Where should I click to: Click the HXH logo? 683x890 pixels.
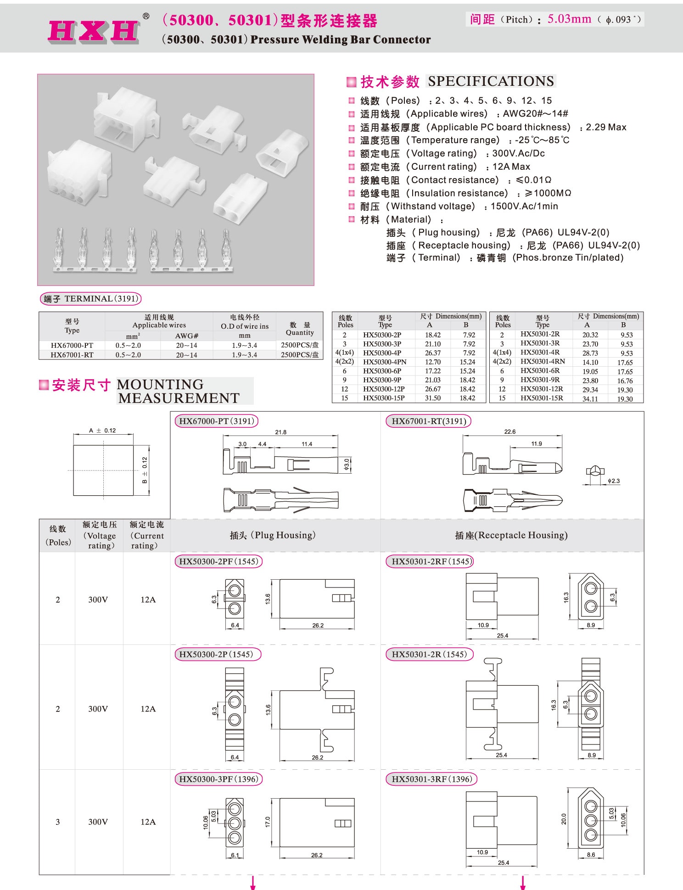coord(94,31)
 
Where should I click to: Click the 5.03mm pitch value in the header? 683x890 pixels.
coord(569,19)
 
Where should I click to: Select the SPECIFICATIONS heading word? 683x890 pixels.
coord(491,81)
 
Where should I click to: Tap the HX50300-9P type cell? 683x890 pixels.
coord(382,380)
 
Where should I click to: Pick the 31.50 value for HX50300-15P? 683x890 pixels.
coord(432,398)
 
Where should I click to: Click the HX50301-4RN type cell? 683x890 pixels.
coord(543,362)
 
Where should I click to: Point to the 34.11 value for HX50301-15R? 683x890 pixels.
coord(590,399)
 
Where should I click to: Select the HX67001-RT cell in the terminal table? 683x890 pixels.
coord(72,355)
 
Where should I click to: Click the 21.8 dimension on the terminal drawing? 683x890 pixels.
coord(280,432)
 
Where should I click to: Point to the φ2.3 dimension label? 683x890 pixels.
coord(613,481)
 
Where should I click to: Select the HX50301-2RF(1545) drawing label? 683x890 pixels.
coord(430,561)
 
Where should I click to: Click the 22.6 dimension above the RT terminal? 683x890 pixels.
coord(509,432)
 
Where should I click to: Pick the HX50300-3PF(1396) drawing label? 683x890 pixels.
coord(218,779)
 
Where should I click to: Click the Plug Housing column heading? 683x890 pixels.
coord(273,535)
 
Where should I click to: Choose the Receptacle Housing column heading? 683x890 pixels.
coord(511,535)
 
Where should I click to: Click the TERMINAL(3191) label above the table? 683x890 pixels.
coord(91,299)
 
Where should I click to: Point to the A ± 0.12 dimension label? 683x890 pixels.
coord(102,431)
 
